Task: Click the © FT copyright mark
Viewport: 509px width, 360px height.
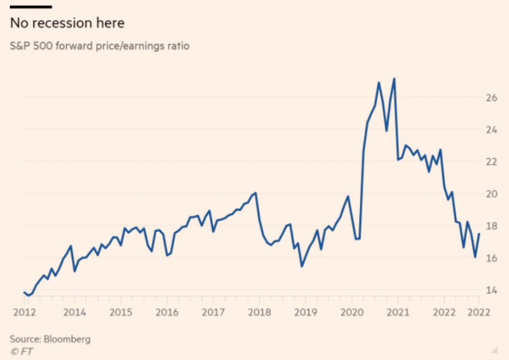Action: tap(19, 351)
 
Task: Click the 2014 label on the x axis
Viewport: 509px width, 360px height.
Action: tap(75, 312)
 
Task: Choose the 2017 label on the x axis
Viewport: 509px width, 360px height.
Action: tap(213, 312)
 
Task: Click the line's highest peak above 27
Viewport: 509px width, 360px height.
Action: tap(394, 79)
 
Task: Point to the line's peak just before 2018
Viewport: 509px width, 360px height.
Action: tap(255, 192)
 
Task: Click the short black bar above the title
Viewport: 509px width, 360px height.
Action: tap(31, 7)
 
